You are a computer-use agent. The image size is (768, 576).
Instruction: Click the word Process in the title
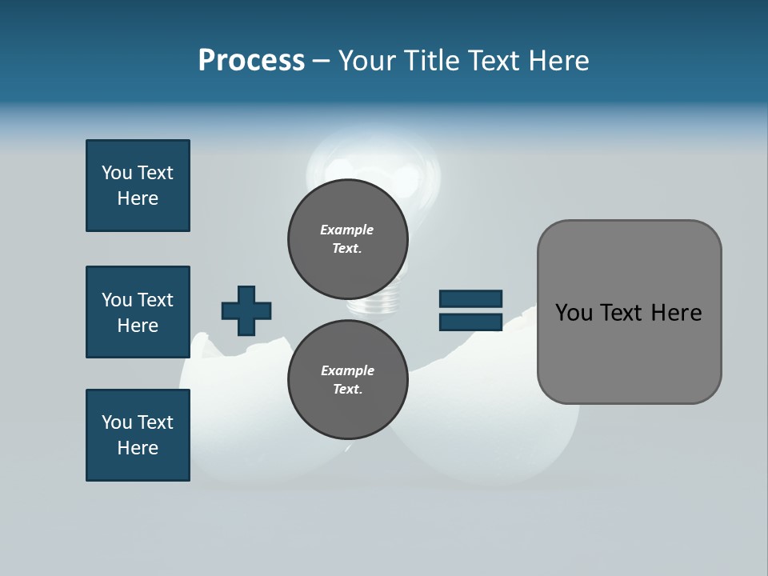(x=251, y=61)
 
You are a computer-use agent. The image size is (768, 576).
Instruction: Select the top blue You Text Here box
(x=138, y=186)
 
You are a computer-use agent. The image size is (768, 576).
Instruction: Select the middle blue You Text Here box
(x=138, y=312)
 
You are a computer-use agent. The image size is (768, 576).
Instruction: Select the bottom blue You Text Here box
(x=138, y=435)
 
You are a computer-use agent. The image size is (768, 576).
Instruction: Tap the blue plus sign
(x=246, y=310)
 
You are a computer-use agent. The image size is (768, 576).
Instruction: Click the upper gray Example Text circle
(x=347, y=239)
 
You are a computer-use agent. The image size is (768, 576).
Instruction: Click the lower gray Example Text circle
(x=347, y=380)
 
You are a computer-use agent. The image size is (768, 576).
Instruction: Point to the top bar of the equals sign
(x=470, y=298)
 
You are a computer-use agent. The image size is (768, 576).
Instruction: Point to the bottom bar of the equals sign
(x=470, y=322)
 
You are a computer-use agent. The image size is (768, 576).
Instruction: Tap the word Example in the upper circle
(x=347, y=230)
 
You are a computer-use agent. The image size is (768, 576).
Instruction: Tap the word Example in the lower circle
(x=347, y=370)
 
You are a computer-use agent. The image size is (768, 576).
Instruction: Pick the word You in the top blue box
(x=117, y=173)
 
